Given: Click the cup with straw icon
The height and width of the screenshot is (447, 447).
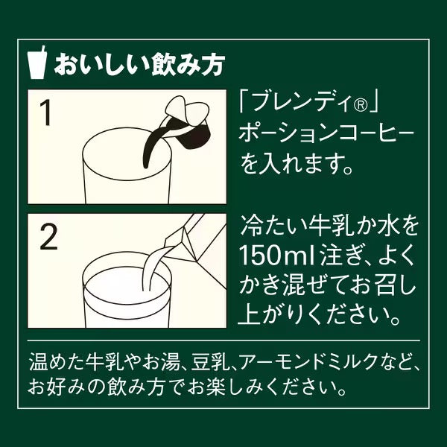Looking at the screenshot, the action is point(37,63).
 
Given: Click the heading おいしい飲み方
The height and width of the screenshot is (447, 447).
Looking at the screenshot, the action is point(140,65).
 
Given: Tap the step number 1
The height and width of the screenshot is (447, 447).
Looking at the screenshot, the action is point(45,113).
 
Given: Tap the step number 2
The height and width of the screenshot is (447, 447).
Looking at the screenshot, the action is point(48,237).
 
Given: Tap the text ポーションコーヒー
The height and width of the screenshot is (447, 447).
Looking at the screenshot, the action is point(326,135).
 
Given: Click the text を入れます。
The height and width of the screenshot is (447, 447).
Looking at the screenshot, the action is point(297,165).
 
